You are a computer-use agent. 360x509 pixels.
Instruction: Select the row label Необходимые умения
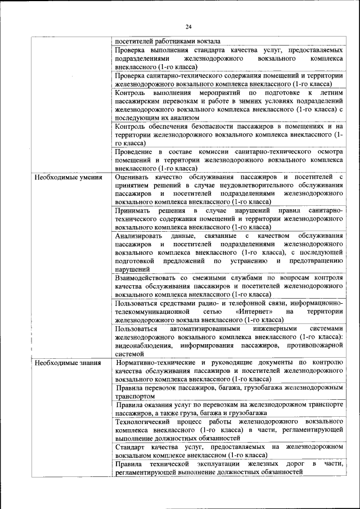coord(68,178)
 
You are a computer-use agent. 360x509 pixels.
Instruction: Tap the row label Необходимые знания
coord(68,363)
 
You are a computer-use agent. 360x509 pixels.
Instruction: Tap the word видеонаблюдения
coord(143,345)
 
